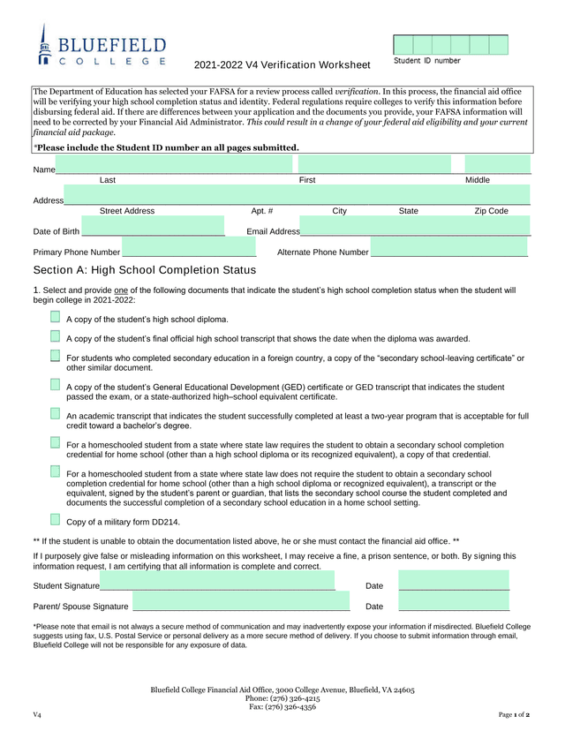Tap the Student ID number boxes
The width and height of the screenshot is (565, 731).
tap(450, 45)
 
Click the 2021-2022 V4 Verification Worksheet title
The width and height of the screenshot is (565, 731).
tap(282, 65)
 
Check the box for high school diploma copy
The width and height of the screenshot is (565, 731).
tap(56, 317)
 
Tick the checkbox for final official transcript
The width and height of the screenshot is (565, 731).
tap(56, 336)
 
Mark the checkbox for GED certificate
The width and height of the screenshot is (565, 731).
tap(56, 385)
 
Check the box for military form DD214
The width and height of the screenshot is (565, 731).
tap(56, 520)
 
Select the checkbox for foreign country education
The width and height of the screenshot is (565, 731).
tap(56, 356)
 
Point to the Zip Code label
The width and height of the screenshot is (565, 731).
tap(491, 211)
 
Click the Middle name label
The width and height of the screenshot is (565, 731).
tap(477, 180)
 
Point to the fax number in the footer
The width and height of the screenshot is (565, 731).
tap(282, 706)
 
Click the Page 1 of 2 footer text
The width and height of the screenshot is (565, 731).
tap(514, 713)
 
